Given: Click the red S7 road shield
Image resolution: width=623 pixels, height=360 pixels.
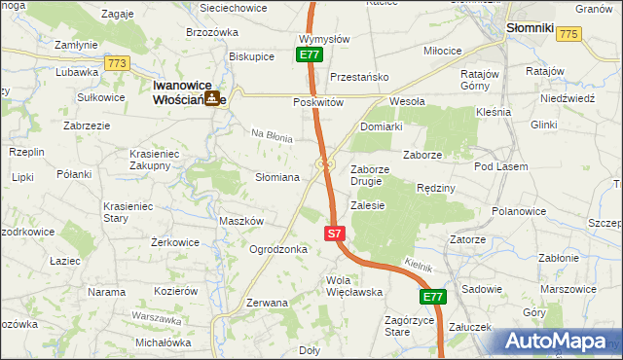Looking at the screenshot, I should coord(334,234).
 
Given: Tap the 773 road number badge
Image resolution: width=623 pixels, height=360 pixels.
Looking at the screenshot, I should coord(118,63).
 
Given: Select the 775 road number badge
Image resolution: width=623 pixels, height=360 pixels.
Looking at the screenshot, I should coord(569,34).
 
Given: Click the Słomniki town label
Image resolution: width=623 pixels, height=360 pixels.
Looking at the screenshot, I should coord(531,29).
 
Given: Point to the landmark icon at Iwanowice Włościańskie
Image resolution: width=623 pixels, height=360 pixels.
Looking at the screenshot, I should coord(211,98).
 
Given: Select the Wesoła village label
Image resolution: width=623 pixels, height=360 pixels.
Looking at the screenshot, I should coord(407,101).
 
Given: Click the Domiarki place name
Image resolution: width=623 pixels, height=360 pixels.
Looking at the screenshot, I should coord(381,127).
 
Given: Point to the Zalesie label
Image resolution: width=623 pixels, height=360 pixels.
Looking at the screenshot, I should coord(368,205).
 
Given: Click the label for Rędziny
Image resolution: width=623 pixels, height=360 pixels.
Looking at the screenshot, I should coord(435,188).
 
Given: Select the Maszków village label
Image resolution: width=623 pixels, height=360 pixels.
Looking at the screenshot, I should coord(241,221).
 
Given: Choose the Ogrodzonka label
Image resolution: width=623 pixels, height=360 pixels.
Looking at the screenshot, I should coord(278,249).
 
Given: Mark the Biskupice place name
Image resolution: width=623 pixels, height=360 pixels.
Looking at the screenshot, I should coord(251,56).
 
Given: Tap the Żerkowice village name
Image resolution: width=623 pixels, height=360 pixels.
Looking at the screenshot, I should coord(176,242).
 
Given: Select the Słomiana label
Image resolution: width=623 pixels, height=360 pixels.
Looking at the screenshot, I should coord(276,178).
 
